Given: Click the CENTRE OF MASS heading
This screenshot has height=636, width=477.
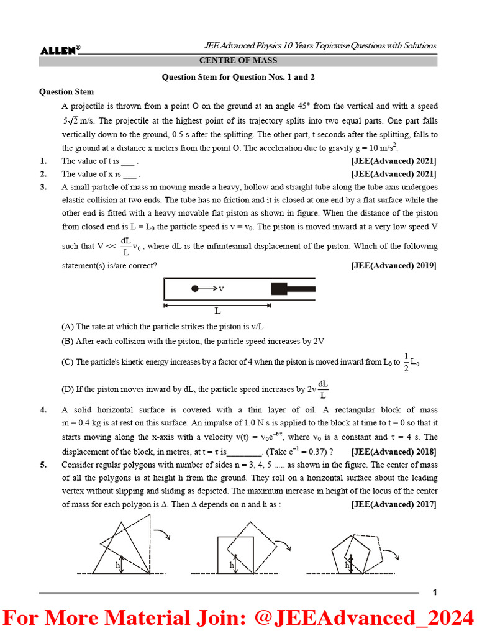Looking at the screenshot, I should [x=238, y=61].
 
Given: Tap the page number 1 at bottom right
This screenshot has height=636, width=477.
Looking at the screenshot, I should [x=435, y=593].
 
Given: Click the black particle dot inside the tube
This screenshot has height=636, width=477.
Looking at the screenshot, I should [x=195, y=288].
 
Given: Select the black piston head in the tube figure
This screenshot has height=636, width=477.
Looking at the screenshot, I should [x=278, y=288].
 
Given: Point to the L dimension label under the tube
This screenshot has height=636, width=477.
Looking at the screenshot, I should [x=217, y=311].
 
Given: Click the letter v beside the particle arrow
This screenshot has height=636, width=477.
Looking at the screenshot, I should [x=220, y=288].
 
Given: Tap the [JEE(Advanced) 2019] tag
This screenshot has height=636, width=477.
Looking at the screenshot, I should [x=394, y=265].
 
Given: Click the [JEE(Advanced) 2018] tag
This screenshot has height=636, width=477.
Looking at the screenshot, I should [x=394, y=452].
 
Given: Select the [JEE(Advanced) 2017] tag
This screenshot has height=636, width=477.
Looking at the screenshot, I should [x=394, y=504].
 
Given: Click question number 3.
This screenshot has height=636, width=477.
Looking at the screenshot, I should [x=43, y=187].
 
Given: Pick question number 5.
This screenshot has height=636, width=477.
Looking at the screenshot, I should [x=43, y=465].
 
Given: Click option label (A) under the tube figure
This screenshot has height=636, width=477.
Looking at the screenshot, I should [x=68, y=326].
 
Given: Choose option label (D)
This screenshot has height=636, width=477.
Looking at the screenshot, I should [x=68, y=390].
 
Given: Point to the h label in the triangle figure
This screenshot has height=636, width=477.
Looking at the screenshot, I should [x=117, y=566].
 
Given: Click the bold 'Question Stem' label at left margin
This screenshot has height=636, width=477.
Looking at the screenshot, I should [x=65, y=92].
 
